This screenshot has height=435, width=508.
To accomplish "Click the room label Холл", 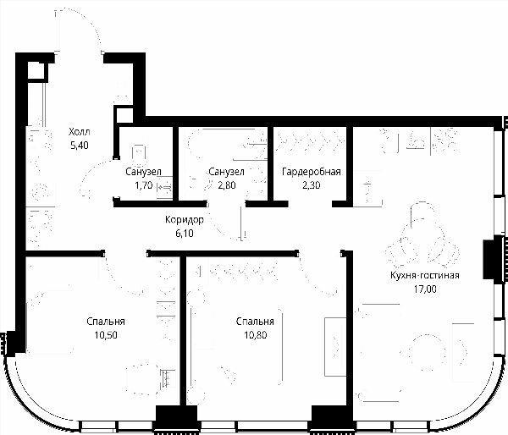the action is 80,132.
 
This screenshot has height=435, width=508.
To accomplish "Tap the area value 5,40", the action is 80,146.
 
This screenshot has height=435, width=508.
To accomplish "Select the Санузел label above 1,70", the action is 143,172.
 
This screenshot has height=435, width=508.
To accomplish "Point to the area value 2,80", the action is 226,185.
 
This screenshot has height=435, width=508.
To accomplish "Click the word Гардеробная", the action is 312,172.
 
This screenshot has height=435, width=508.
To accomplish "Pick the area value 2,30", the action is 312,185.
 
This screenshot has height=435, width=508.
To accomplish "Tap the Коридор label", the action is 185,219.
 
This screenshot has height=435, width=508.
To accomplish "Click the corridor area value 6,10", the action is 185,234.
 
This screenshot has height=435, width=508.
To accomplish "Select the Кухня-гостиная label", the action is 425,275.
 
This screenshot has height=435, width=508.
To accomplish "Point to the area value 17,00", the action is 425,289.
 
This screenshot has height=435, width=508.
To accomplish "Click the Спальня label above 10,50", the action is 106,322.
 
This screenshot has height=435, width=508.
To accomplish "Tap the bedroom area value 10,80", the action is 256,335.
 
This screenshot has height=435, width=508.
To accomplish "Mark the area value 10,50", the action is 106,335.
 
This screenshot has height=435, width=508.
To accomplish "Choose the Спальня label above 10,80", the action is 255,322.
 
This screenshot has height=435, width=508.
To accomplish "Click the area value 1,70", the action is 143,185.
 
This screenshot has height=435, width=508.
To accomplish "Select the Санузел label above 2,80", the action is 226,172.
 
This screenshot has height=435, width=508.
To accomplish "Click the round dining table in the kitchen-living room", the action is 425,352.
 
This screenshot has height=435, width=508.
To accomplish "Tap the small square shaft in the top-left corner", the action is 36,70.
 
